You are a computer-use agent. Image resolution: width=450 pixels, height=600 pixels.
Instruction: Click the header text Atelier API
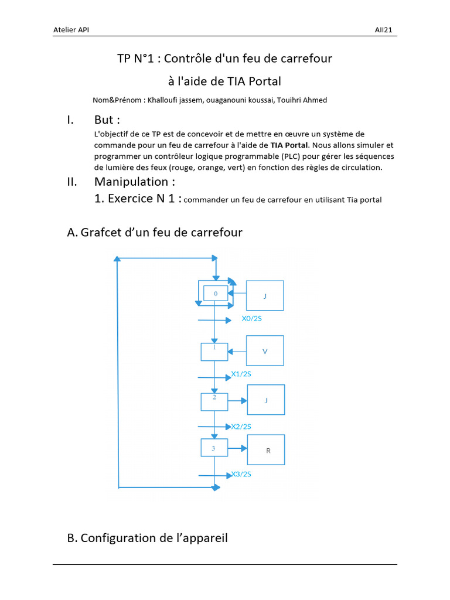tap(71, 30)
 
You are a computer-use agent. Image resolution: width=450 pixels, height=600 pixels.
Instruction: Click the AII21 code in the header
tap(384, 30)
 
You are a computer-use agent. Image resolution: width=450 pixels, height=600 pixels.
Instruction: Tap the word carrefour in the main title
tap(305, 59)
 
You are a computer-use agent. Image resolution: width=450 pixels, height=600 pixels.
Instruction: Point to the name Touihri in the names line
tap(285, 100)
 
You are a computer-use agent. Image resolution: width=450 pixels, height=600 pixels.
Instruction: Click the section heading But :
tap(107, 120)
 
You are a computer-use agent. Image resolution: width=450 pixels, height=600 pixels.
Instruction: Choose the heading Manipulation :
tap(134, 182)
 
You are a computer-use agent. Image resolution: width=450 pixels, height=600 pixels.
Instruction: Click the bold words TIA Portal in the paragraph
tap(289, 145)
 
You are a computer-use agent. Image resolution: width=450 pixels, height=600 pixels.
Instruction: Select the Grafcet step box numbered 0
tap(215, 293)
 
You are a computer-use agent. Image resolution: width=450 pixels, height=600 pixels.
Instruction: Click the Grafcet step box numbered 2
tap(214, 401)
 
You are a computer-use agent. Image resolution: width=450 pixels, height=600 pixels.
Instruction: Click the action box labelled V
tap(265, 351)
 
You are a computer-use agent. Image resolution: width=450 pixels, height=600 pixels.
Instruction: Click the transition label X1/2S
tap(242, 374)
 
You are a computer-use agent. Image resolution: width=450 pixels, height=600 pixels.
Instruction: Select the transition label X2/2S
tap(241, 426)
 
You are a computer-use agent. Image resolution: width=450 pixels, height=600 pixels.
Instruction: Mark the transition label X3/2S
tap(241, 474)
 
